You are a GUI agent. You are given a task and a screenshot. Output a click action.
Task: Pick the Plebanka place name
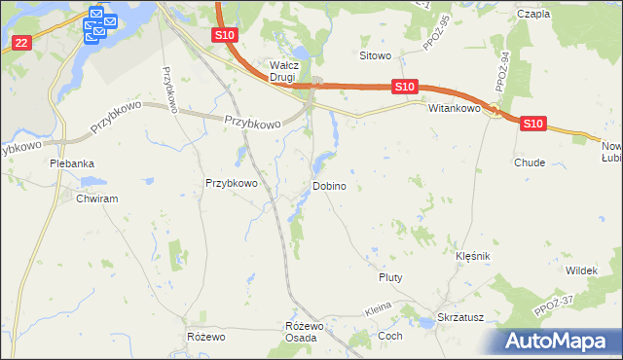pos(72,163)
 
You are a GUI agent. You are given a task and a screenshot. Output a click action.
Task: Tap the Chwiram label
pos(96,198)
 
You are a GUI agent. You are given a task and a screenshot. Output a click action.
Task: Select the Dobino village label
pos(329,186)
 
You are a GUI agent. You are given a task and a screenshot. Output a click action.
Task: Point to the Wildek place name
pos(580,270)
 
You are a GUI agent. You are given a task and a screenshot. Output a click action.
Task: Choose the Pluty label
pos(390,277)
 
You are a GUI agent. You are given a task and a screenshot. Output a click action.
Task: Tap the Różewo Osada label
pos(301,331)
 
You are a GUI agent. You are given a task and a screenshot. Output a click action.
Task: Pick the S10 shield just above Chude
pos(531,124)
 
